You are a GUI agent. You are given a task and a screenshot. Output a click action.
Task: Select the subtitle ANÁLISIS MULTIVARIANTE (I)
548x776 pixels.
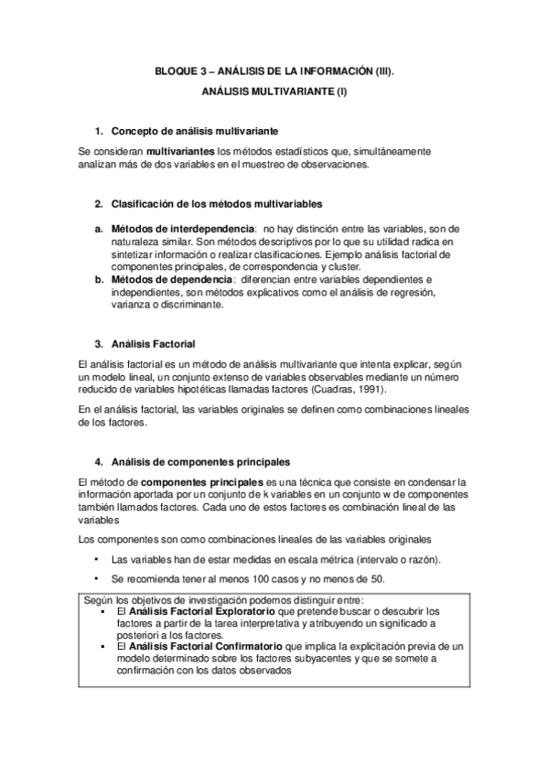[274, 92]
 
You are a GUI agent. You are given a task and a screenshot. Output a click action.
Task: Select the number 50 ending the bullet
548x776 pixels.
[378, 579]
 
